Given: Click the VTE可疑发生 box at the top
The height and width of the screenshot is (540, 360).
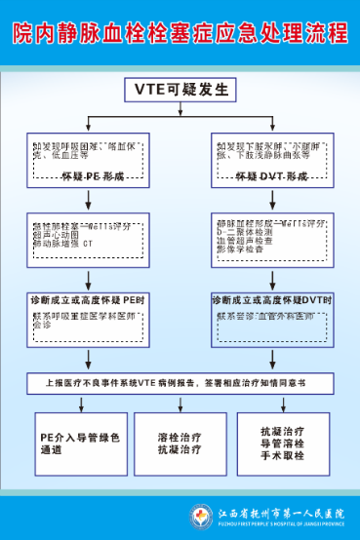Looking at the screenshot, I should click(x=180, y=90).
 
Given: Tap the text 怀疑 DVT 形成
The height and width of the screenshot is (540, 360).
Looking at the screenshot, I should click(x=269, y=177).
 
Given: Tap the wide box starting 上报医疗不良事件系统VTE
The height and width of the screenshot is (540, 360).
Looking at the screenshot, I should click(x=180, y=383).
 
